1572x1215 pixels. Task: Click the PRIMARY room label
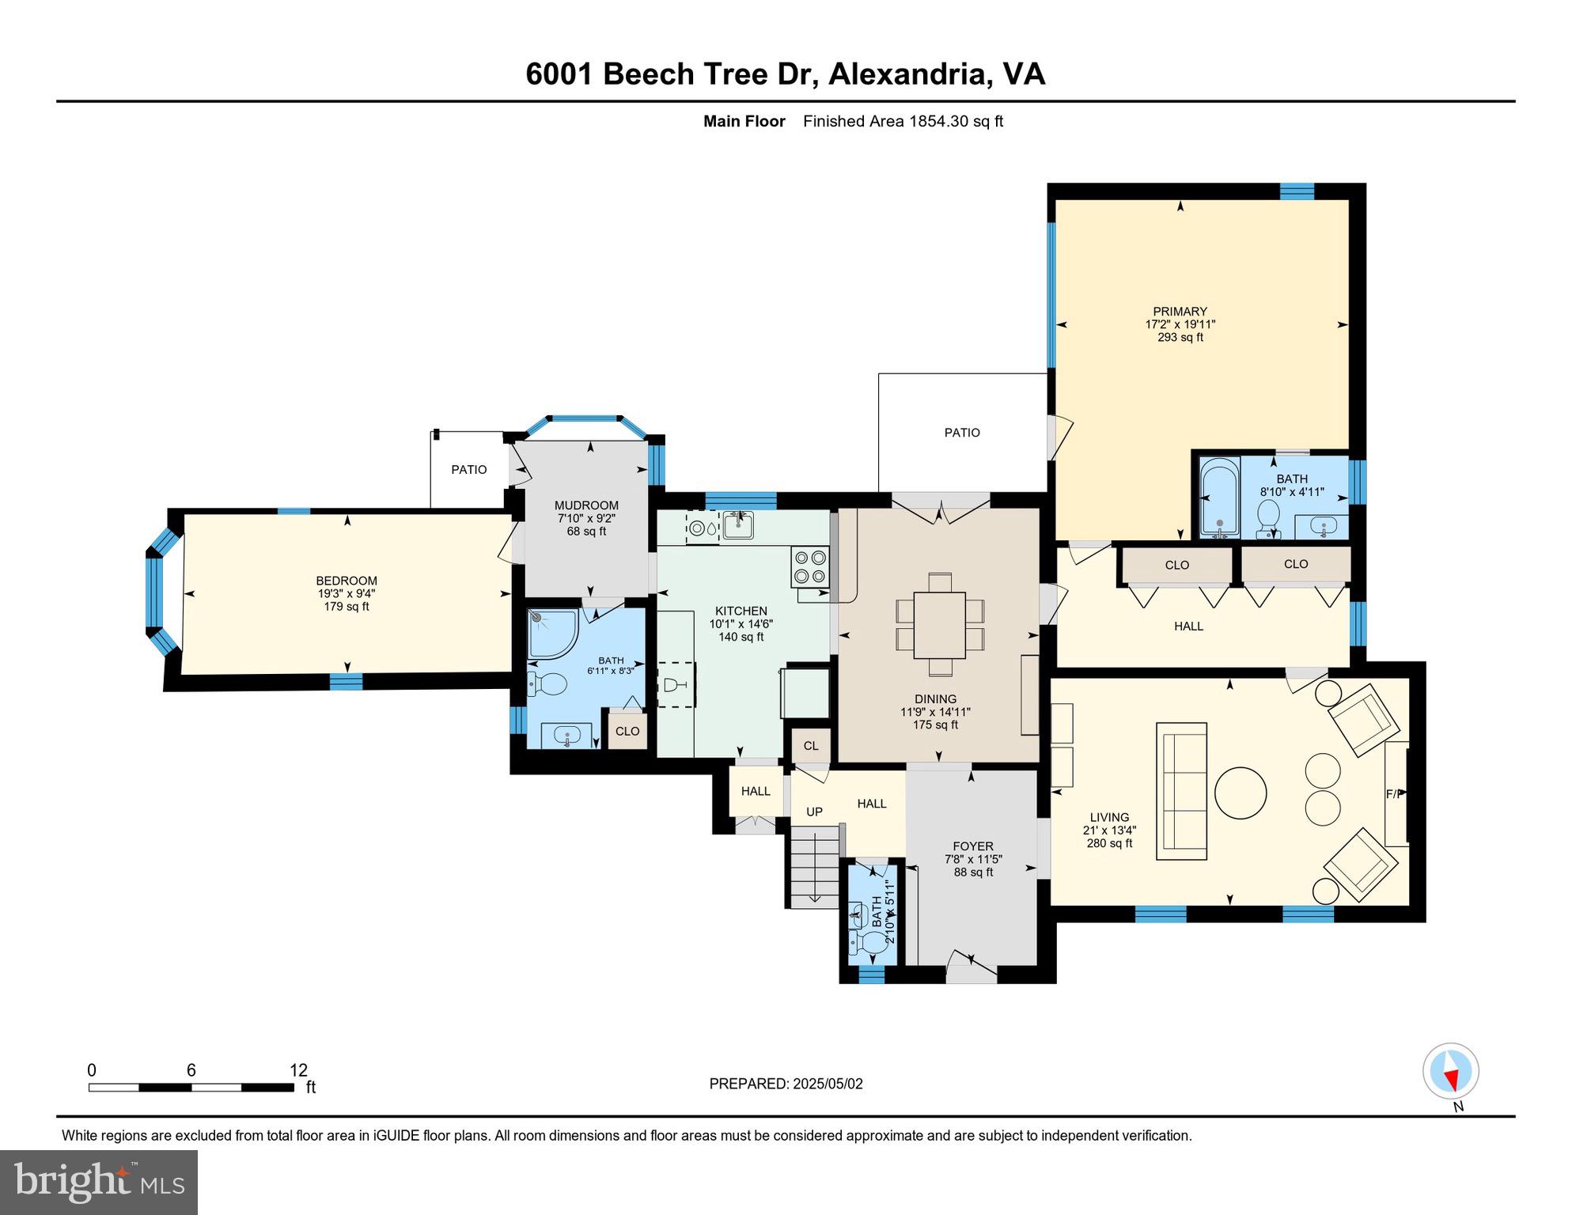pos(1180,312)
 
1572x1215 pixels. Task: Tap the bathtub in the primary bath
pos(1219,498)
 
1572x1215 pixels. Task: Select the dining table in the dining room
pos(939,625)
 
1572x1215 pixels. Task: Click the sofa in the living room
pos(1181,791)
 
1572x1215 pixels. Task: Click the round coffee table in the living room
pos(1240,793)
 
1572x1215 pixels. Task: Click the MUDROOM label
pos(586,505)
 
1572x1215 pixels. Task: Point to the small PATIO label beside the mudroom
pos(469,469)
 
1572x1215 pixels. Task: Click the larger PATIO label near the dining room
pos(961,433)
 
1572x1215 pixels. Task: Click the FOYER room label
pos(973,846)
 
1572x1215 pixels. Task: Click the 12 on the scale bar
pos(298,1070)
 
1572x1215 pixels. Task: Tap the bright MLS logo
pos(98,1182)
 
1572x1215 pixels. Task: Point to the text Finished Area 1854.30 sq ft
pos(903,121)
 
